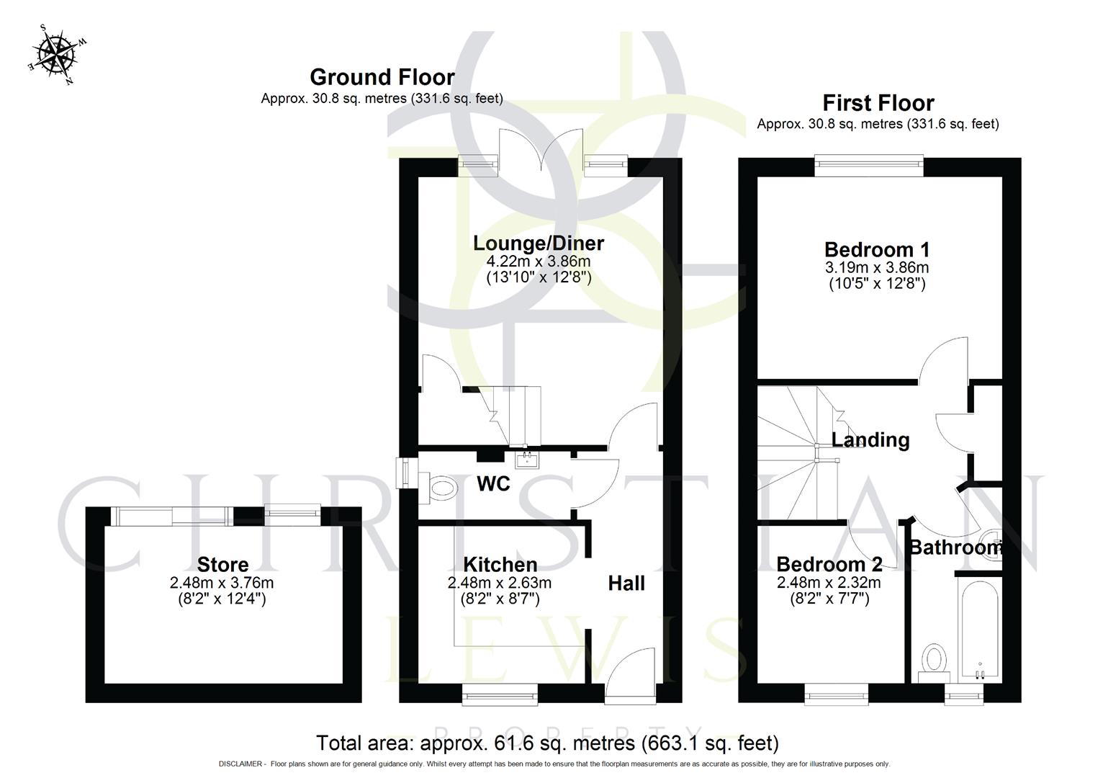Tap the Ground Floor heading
pyautogui.click(x=382, y=77)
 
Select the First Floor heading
pyautogui.click(x=878, y=103)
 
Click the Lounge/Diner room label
pyautogui.click(x=538, y=243)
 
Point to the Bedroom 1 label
pyautogui.click(x=876, y=250)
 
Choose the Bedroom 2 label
pyautogui.click(x=829, y=564)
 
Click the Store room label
pyautogui.click(x=222, y=565)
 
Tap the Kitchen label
pyautogui.click(x=500, y=564)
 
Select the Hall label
pyautogui.click(x=626, y=583)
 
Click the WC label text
pyautogui.click(x=493, y=483)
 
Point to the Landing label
pyautogui.click(x=870, y=439)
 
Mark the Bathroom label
pyautogui.click(x=955, y=547)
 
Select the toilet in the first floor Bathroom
pyautogui.click(x=934, y=661)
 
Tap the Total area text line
pyautogui.click(x=547, y=743)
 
